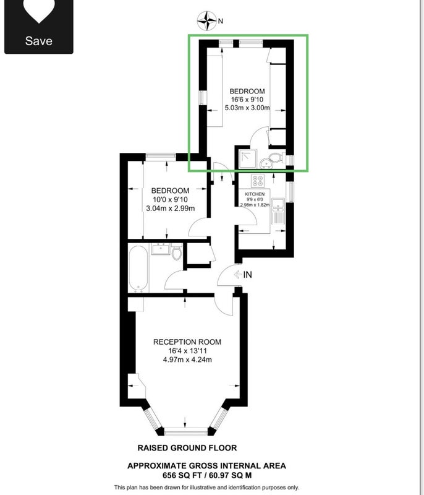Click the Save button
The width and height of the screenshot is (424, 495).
(38, 27)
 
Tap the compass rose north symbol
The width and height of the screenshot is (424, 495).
(207, 21)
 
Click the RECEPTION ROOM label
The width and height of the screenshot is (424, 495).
(187, 342)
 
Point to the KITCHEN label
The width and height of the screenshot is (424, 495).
(255, 194)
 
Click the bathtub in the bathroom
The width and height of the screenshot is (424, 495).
(138, 269)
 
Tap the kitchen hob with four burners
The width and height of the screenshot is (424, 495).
(258, 181)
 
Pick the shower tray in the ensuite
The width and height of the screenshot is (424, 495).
(248, 159)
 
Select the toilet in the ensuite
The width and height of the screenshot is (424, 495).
(276, 158)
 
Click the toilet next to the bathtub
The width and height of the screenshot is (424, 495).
(177, 252)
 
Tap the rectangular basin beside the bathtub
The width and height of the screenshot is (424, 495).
(161, 249)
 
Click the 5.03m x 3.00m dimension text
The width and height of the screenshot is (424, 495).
(247, 108)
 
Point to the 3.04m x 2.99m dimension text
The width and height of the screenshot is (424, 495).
(170, 209)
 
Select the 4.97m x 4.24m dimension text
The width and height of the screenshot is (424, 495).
(187, 359)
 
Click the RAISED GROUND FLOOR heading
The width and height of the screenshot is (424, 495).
(187, 447)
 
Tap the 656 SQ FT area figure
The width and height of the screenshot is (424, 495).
(182, 475)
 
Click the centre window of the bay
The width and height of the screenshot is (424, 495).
(186, 431)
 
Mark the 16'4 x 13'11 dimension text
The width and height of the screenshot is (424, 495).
(187, 351)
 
